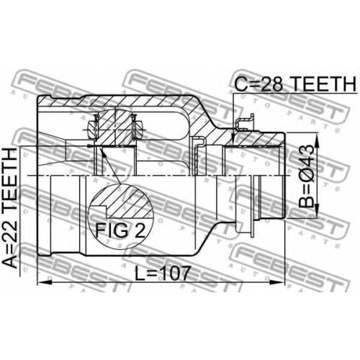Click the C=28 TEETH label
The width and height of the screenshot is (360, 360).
295,84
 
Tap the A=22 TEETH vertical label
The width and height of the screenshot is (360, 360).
10,208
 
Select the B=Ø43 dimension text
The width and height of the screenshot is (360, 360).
307,176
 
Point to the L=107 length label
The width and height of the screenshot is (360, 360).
163,273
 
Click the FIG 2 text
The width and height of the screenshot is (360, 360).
120,230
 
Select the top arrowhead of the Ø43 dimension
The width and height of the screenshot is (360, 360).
317,140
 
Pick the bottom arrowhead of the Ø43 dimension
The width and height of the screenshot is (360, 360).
317,211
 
